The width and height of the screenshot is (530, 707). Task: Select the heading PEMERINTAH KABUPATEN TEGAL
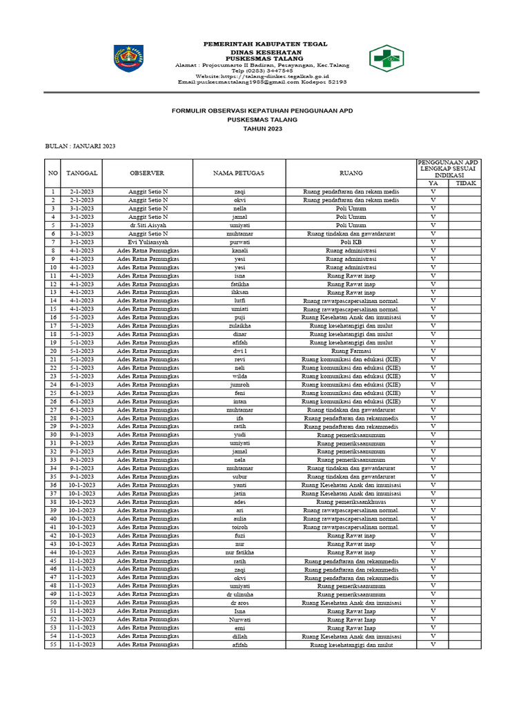265,44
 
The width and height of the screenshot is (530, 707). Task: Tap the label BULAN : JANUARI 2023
81,146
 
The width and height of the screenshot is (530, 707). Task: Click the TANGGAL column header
81,173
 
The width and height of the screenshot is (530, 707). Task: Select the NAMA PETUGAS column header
239,173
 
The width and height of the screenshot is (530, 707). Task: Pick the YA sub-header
433,184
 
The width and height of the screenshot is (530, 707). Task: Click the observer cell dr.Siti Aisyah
148,225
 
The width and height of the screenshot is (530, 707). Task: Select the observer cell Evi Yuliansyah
148,242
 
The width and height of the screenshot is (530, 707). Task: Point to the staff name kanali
239,251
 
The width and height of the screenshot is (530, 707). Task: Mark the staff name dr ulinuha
239,594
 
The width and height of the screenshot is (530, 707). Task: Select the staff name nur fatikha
239,552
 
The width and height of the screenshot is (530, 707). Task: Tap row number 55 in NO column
52,645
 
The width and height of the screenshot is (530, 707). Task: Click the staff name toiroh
239,527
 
